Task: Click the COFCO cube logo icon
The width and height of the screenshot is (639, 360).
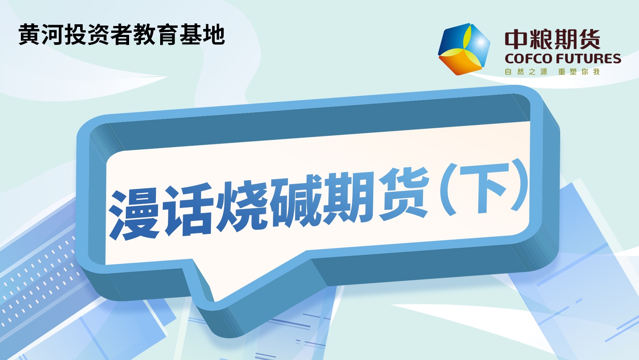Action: point(464,49)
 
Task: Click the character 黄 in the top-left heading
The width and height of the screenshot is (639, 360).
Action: point(29,35)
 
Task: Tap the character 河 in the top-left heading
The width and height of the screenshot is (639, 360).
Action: point(52,35)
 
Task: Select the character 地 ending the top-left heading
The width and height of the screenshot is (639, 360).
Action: point(214,35)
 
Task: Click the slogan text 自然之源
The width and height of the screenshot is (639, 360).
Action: point(526,72)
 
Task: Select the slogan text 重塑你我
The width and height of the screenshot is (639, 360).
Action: point(579,72)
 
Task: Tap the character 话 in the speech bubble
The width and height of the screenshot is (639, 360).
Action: point(189,210)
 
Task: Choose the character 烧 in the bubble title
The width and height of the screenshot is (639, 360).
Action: point(242,205)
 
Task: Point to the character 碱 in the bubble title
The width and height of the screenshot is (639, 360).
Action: point(296,201)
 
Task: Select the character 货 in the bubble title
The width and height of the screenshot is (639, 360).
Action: point(404,194)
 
